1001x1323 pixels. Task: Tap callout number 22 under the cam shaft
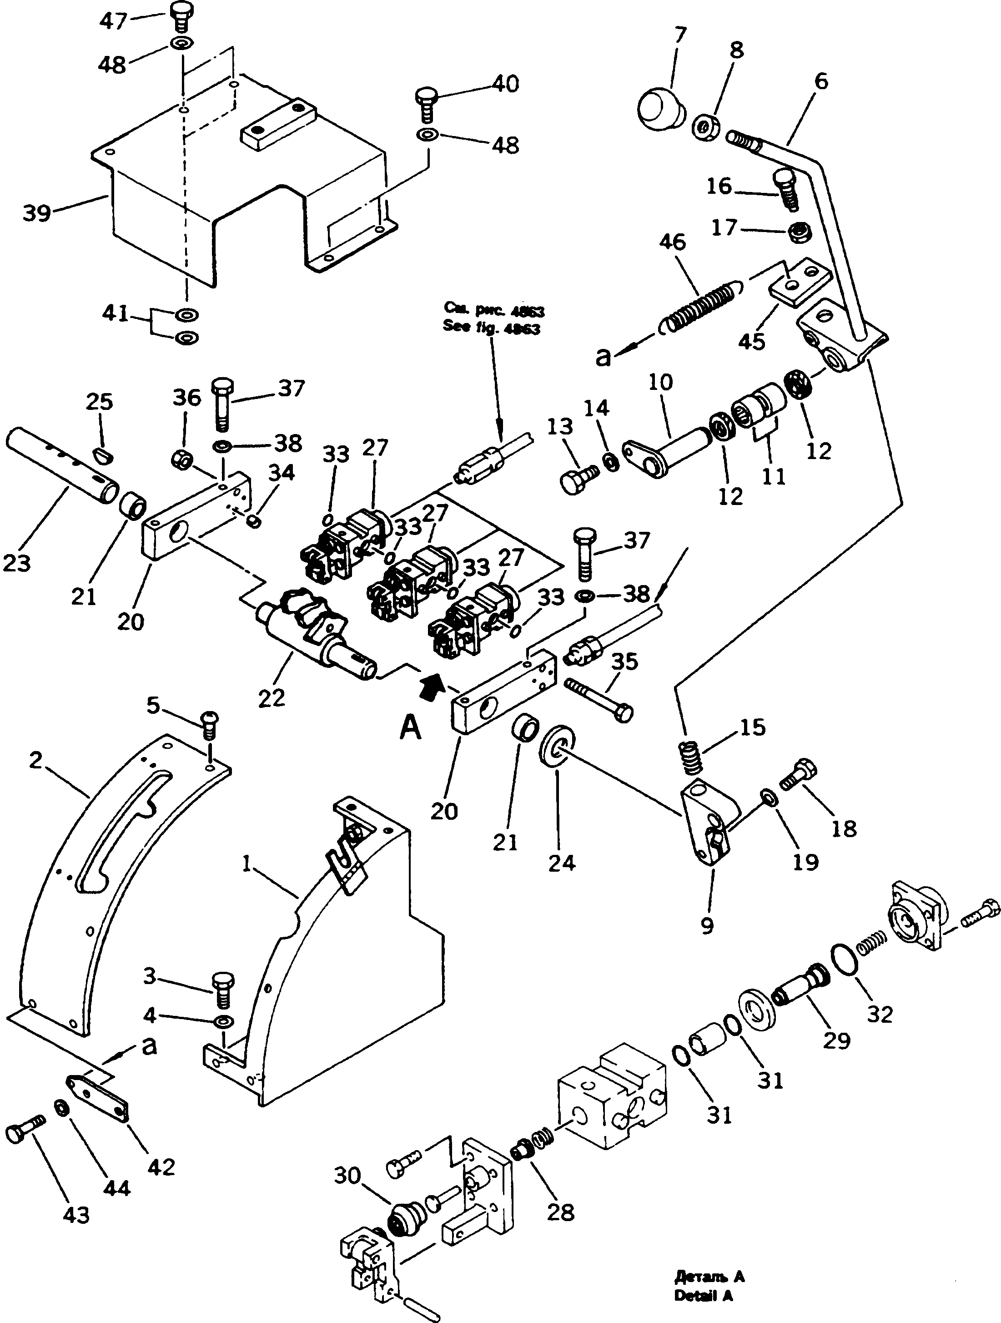pyautogui.click(x=272, y=697)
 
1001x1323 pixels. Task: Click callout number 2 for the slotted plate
pyautogui.click(x=35, y=760)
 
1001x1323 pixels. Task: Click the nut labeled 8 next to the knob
pyautogui.click(x=707, y=127)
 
